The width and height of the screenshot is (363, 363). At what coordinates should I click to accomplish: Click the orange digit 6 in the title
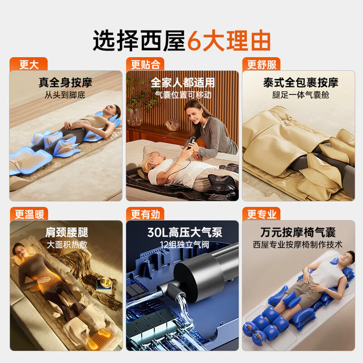click(x=194, y=41)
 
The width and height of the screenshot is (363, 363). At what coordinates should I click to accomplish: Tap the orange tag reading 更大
click(x=29, y=64)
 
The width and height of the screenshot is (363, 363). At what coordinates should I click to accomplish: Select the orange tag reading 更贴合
click(x=145, y=64)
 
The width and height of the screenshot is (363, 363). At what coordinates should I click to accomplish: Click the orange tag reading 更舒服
click(x=261, y=64)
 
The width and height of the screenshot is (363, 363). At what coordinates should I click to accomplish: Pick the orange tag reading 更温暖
click(x=29, y=214)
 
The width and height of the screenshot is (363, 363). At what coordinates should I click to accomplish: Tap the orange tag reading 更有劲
click(x=145, y=214)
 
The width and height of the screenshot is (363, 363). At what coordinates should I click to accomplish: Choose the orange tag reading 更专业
click(x=261, y=214)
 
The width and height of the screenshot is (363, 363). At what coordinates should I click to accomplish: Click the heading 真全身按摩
click(x=66, y=82)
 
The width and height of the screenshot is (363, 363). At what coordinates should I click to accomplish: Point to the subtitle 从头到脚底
click(x=65, y=95)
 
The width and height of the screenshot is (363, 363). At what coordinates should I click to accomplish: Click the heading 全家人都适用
click(x=183, y=82)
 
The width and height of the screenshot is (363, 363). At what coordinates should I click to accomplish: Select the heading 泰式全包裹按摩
click(x=301, y=82)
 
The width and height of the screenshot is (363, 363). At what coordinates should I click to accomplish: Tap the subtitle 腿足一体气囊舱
click(x=301, y=95)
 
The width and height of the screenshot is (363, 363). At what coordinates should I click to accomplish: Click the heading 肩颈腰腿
click(x=67, y=232)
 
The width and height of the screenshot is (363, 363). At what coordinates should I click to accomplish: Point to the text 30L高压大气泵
click(x=185, y=232)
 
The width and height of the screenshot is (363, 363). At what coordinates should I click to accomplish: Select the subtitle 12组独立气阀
click(x=184, y=244)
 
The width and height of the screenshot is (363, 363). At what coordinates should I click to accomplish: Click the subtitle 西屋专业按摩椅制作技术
click(x=297, y=244)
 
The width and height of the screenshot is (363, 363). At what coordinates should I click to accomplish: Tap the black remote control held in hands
click(x=191, y=142)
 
